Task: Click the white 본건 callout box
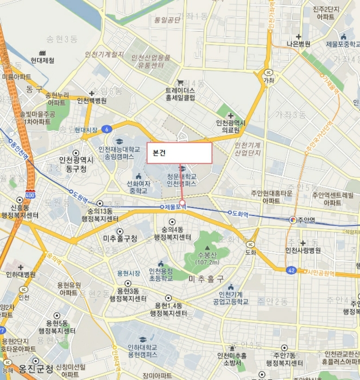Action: (179, 153)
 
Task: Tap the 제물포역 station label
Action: (175, 207)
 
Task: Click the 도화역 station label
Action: (239, 214)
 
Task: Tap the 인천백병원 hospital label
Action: (92, 100)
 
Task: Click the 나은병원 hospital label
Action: (299, 44)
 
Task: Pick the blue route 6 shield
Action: (108, 129)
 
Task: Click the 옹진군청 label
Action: (36, 369)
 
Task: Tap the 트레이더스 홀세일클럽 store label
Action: (180, 94)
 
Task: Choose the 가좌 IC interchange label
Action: (269, 80)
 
